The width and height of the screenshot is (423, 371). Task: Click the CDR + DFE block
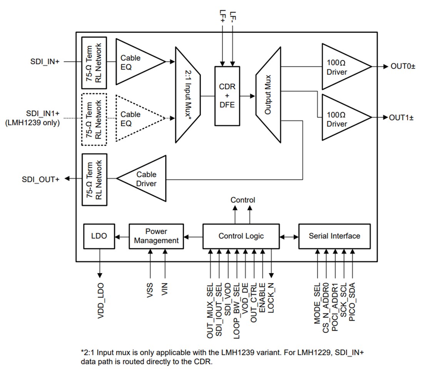pyautogui.click(x=227, y=96)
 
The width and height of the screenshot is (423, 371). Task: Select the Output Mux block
pyautogui.click(x=268, y=95)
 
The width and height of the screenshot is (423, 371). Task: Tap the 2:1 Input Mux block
pyautogui.click(x=188, y=95)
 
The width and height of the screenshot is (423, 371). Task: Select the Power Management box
pyautogui.click(x=156, y=236)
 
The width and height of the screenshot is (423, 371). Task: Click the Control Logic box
pyautogui.click(x=241, y=236)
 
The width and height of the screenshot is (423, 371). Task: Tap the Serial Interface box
pyautogui.click(x=334, y=236)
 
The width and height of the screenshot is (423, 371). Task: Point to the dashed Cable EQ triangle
pyautogui.click(x=137, y=119)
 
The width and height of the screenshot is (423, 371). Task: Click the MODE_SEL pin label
pyautogui.click(x=318, y=304)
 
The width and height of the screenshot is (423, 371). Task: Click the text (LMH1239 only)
pyautogui.click(x=32, y=123)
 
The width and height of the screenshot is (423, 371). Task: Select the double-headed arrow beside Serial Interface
pyautogui.click(x=289, y=236)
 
